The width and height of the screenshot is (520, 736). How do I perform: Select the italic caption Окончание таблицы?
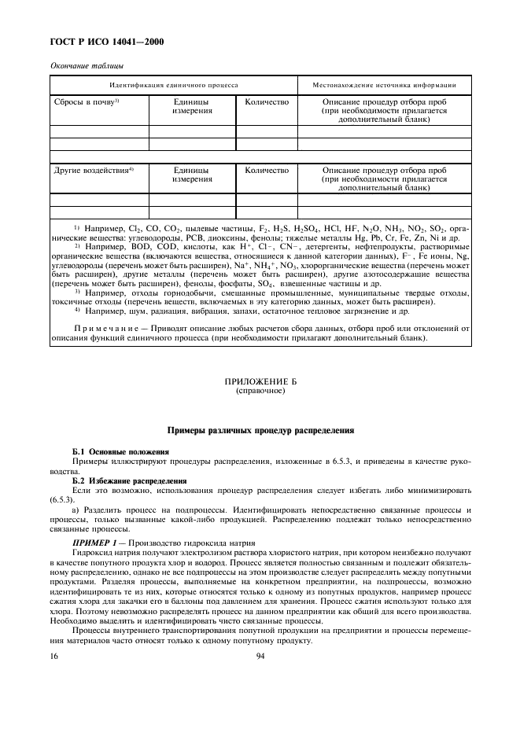tap(81, 68)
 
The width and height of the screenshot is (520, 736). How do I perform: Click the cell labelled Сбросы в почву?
tap(85, 102)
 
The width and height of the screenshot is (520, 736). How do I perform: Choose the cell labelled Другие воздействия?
tap(93, 170)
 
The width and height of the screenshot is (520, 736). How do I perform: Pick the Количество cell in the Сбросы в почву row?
tap(267, 102)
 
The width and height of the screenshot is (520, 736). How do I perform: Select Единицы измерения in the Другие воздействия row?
tap(193, 175)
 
